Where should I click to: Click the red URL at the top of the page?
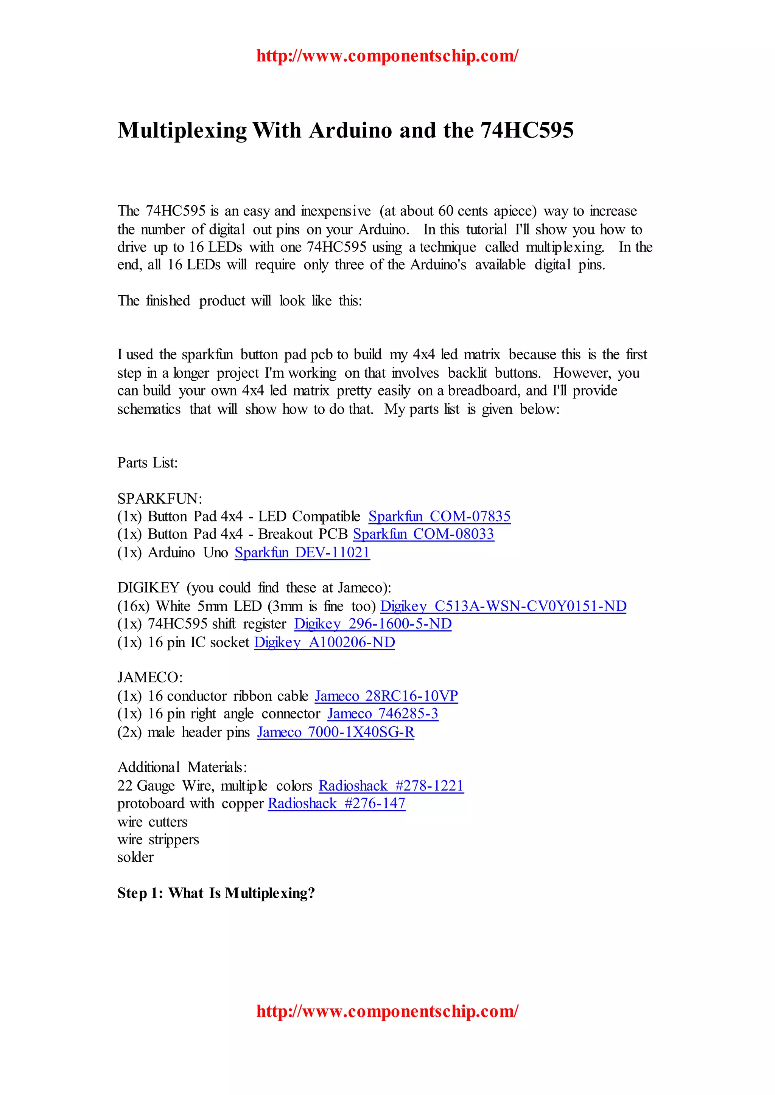point(387,56)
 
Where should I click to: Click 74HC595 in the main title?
point(527,130)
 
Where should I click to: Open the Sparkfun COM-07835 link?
point(439,516)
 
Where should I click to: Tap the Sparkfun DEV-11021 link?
point(302,552)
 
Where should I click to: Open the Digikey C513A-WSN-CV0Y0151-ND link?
point(503,606)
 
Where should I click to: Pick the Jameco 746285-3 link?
point(383,713)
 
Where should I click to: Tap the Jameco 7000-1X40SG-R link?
point(336,732)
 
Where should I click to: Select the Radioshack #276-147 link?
point(336,803)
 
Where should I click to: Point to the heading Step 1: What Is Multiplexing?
point(216,893)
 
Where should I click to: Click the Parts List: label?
point(148,462)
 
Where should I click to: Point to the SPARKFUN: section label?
point(160,498)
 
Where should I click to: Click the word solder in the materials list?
point(135,857)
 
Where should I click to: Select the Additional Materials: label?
point(182,767)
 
